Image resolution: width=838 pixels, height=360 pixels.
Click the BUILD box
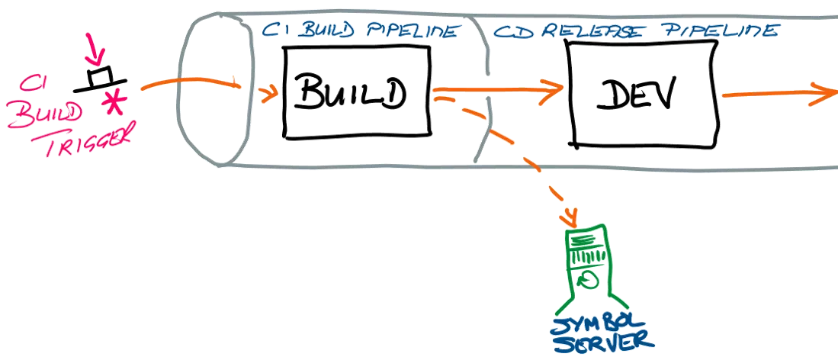click(355, 93)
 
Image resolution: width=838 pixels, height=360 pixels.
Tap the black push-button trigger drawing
click(99, 79)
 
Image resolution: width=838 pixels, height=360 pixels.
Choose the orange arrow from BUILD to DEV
click(503, 88)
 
